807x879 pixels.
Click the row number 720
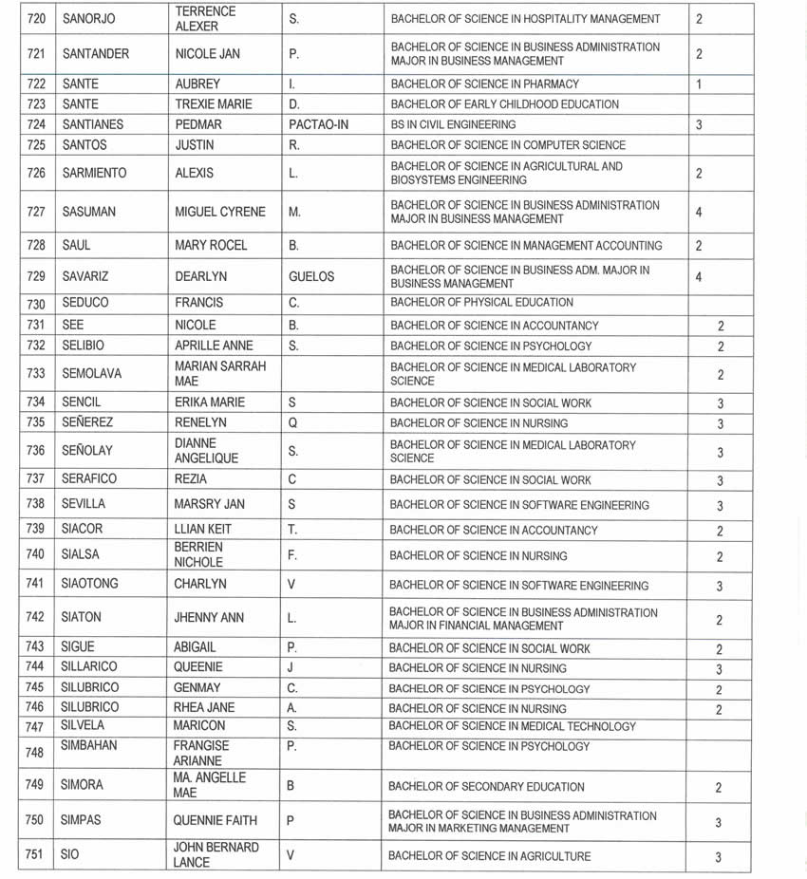35,18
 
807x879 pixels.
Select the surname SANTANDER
95,54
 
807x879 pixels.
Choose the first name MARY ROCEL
211,245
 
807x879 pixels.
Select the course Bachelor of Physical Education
481,303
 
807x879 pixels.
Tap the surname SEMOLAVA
94,374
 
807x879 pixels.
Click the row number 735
35,422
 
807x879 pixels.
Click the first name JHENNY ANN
209,618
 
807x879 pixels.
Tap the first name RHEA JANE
204,707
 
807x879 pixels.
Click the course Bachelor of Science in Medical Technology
512,726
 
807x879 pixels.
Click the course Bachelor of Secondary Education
486,787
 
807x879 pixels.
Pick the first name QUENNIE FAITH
215,822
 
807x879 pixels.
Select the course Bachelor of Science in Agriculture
490,856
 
